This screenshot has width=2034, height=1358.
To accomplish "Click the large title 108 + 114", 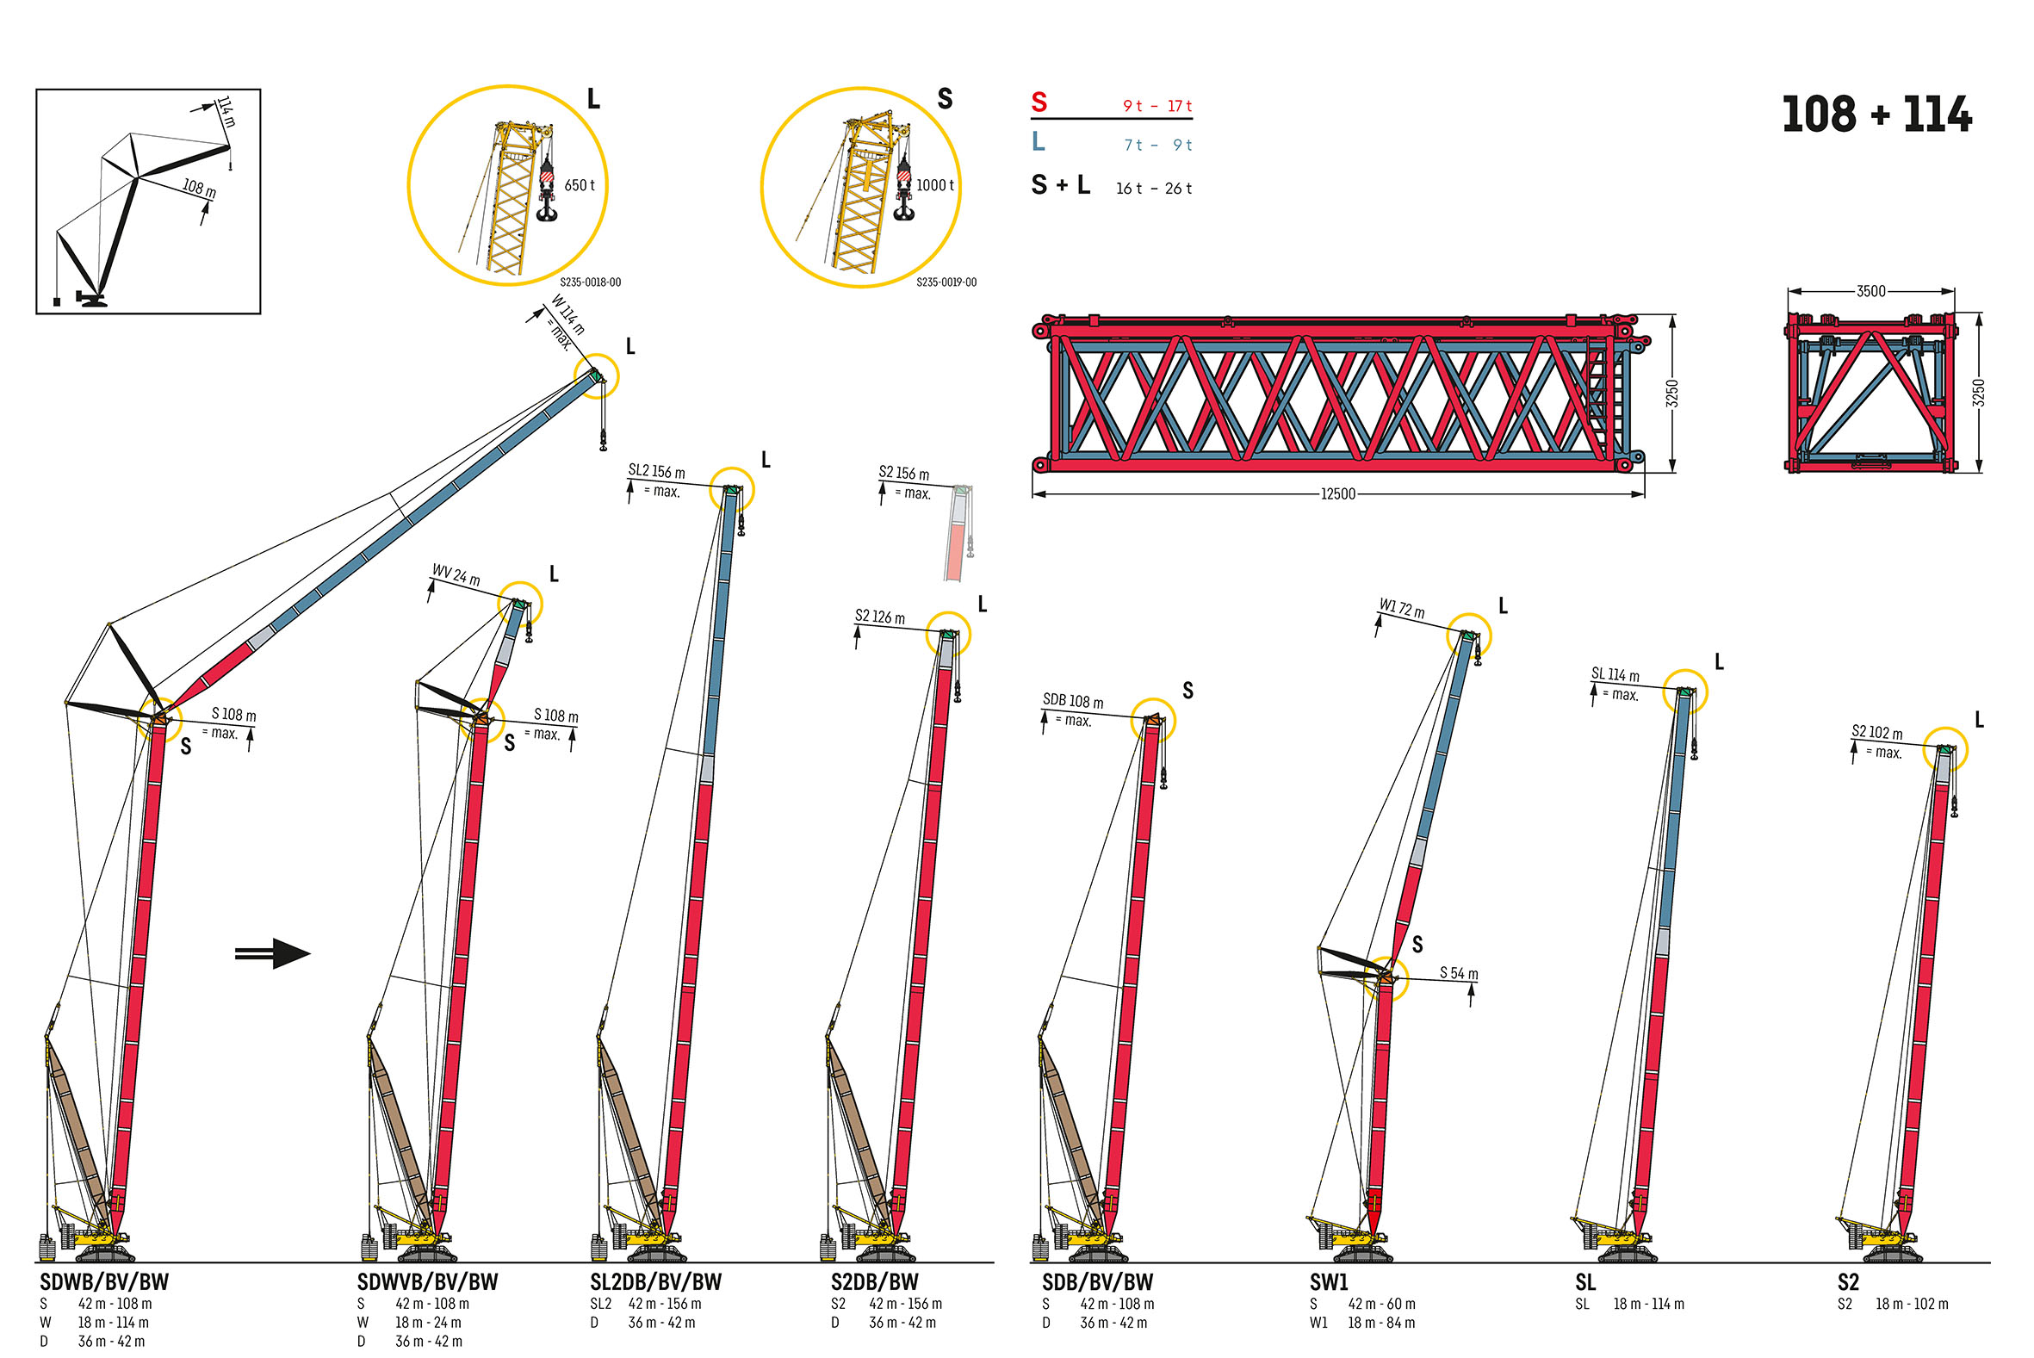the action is click(x=1876, y=115).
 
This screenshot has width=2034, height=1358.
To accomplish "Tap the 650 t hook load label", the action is click(x=580, y=185).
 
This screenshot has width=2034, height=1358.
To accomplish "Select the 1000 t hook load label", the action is click(x=935, y=185).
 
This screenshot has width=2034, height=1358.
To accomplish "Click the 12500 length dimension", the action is click(x=1337, y=493).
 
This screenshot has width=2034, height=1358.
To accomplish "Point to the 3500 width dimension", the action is click(x=1870, y=291).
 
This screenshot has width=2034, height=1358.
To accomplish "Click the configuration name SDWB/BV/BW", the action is click(x=105, y=1281).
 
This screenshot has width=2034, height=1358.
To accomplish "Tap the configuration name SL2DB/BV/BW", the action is click(x=655, y=1281).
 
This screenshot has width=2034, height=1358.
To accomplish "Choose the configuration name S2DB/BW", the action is click(x=875, y=1281).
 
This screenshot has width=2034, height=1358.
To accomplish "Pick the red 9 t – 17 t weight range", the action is click(x=1157, y=106).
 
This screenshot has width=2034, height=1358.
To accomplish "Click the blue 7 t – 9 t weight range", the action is click(x=1157, y=145).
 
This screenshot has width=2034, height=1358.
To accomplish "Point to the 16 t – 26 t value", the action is click(x=1153, y=188).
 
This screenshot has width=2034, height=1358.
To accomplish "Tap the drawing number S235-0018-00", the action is click(x=590, y=282).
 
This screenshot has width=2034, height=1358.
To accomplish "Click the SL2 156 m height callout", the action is click(x=656, y=471).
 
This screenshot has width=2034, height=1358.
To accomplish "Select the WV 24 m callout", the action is click(x=456, y=575).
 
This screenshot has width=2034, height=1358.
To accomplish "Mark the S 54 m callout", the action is click(x=1459, y=973).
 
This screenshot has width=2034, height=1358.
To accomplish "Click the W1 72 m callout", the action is click(x=1401, y=608).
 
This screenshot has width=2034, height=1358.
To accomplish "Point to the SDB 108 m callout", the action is click(x=1073, y=701).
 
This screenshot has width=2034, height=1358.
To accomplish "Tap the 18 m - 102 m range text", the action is click(x=1912, y=1305).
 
